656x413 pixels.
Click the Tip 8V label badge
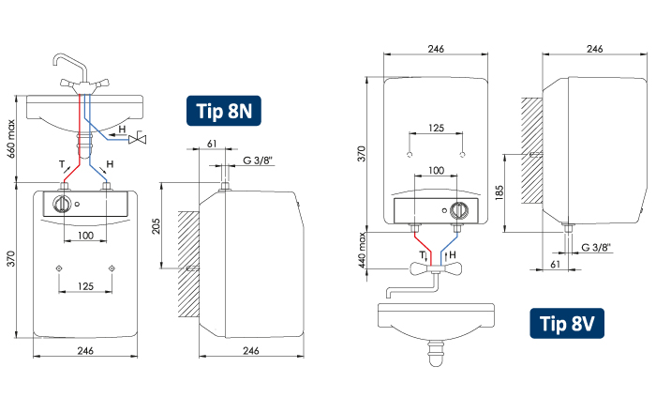coord(565,324)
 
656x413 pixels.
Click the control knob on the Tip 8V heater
coord(459,210)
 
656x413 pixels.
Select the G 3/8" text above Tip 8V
coord(595,247)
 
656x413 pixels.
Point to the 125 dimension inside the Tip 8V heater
coord(436,127)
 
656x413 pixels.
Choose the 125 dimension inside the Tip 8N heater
coord(86,285)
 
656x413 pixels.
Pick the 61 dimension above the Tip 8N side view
coord(212,143)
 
